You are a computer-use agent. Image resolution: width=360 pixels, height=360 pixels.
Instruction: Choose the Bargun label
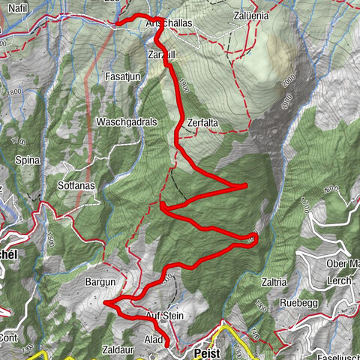[101, 282]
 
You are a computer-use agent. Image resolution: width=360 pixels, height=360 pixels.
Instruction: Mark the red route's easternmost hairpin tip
[256, 238]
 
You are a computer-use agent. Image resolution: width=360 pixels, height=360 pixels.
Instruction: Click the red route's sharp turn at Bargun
[105, 303]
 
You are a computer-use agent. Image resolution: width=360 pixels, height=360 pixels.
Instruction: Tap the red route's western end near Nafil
[116, 23]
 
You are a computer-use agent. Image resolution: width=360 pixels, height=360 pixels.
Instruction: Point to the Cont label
[9, 337]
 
